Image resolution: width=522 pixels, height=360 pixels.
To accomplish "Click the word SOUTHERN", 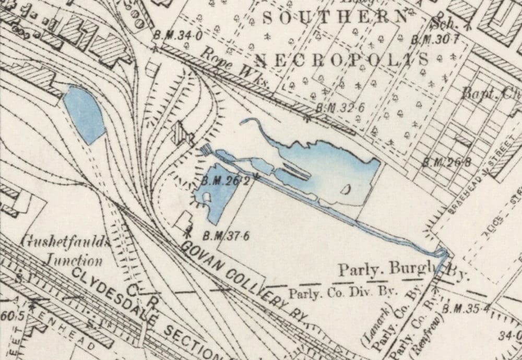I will pyautogui.click(x=334, y=17).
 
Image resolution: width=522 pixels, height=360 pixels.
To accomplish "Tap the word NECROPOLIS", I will pyautogui.click(x=343, y=59).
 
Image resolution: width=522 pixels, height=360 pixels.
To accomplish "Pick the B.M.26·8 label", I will pyautogui.click(x=447, y=162).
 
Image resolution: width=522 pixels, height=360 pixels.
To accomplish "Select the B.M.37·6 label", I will pyautogui.click(x=225, y=236).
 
